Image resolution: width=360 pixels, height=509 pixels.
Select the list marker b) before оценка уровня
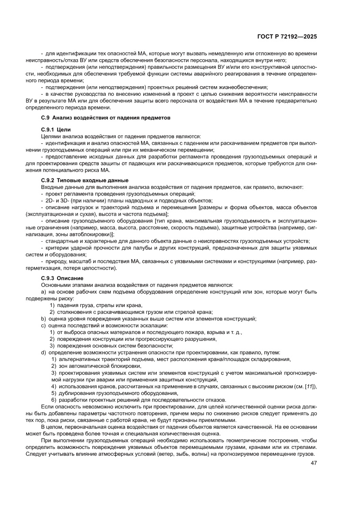(x=44, y=318)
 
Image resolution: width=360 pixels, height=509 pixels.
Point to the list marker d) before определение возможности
(x=44, y=352)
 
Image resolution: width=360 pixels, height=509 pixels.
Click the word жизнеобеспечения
(x=244, y=87)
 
